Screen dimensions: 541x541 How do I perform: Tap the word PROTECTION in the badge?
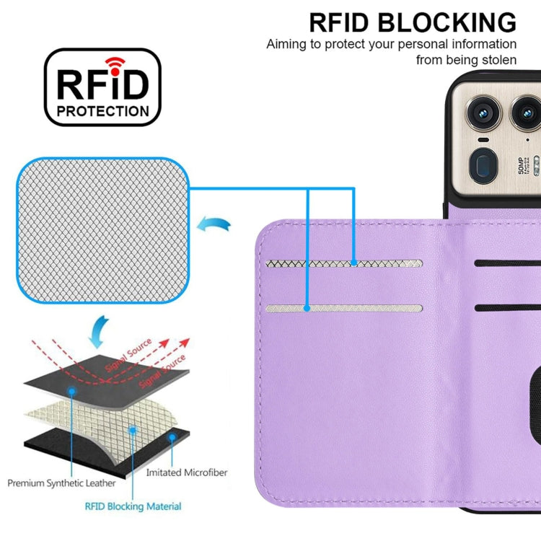point(103,112)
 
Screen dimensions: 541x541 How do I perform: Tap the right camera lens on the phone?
point(526,112)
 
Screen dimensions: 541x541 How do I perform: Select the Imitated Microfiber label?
point(186,472)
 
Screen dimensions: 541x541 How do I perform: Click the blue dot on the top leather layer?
point(72,390)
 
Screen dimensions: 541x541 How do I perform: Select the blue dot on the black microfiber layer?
point(172,437)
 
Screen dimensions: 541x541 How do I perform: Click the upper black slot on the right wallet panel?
point(508,262)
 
